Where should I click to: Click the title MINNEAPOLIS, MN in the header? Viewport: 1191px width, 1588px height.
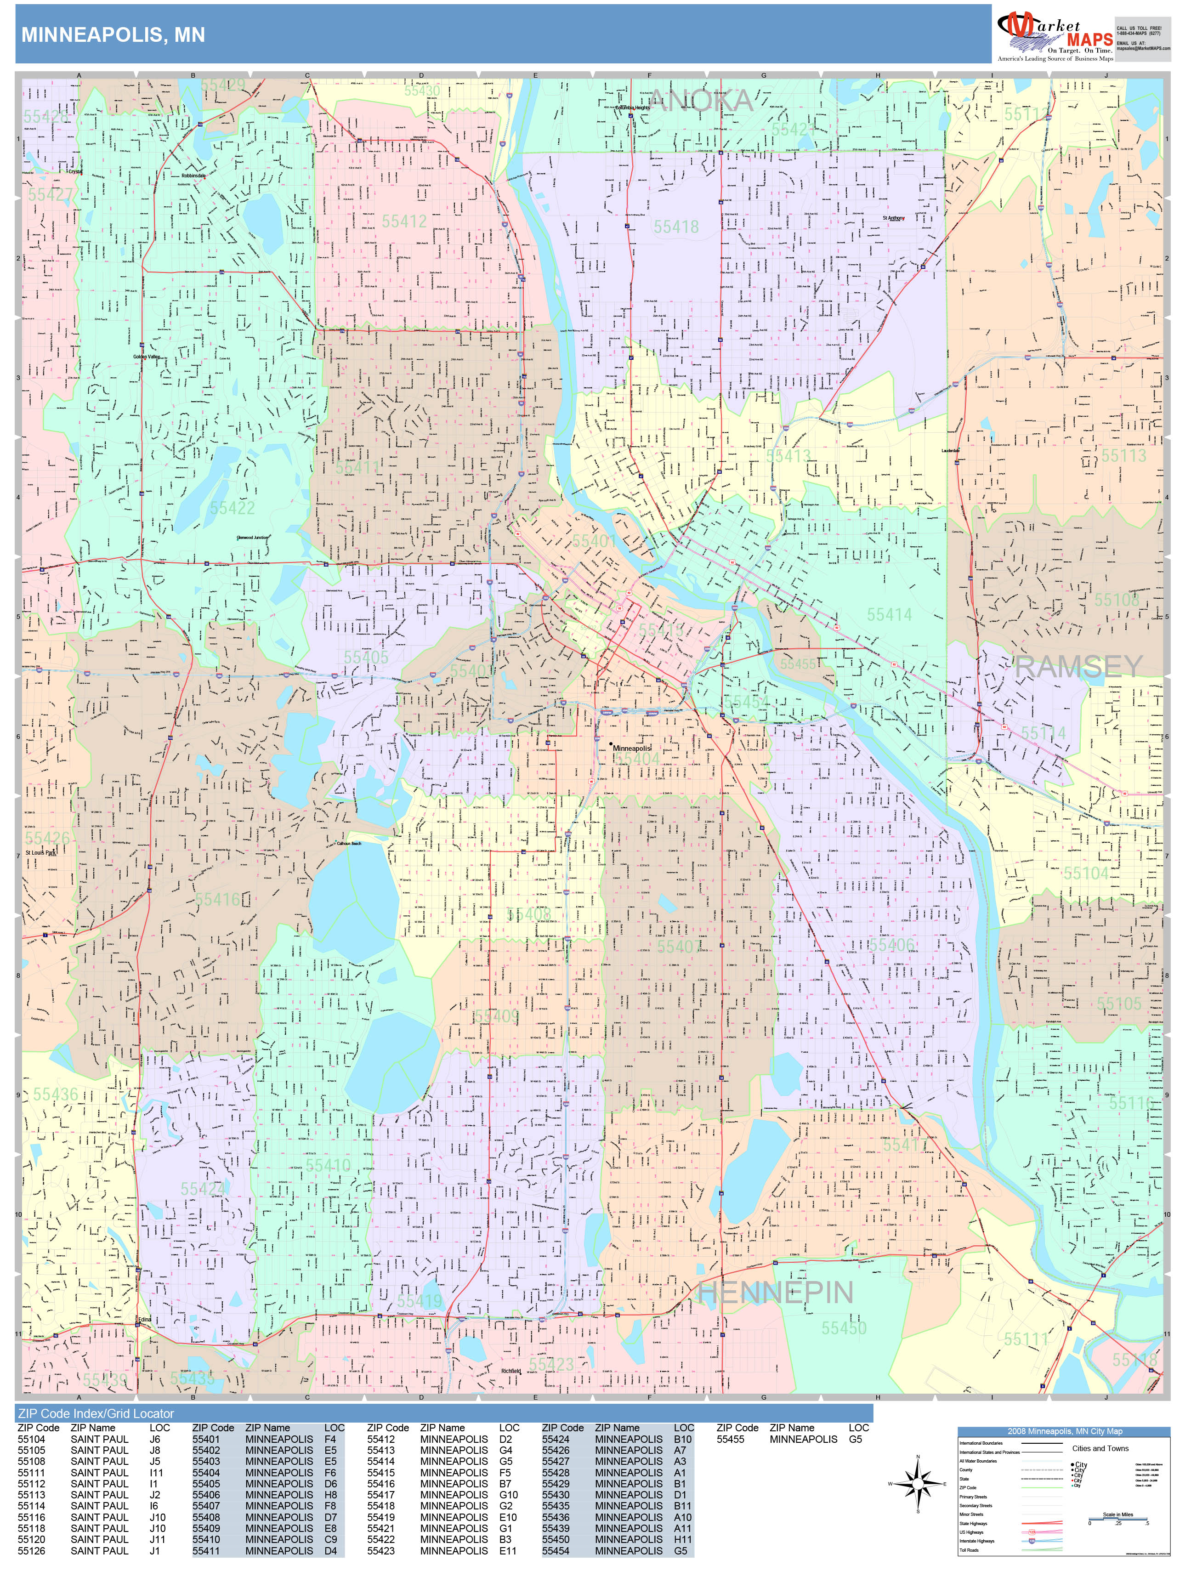113,35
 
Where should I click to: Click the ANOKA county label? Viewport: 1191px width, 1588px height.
701,101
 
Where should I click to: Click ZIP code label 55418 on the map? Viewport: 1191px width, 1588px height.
675,227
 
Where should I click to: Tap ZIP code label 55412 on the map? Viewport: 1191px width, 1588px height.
404,221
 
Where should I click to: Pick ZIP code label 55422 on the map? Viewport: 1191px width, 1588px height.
233,508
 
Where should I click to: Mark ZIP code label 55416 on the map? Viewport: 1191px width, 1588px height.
217,900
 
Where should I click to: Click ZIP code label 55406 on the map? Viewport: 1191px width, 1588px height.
891,945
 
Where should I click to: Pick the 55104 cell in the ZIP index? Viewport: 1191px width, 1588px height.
32,1439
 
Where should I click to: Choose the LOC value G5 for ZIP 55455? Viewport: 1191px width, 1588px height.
855,1439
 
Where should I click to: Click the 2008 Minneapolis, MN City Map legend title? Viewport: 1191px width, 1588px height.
1064,1431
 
